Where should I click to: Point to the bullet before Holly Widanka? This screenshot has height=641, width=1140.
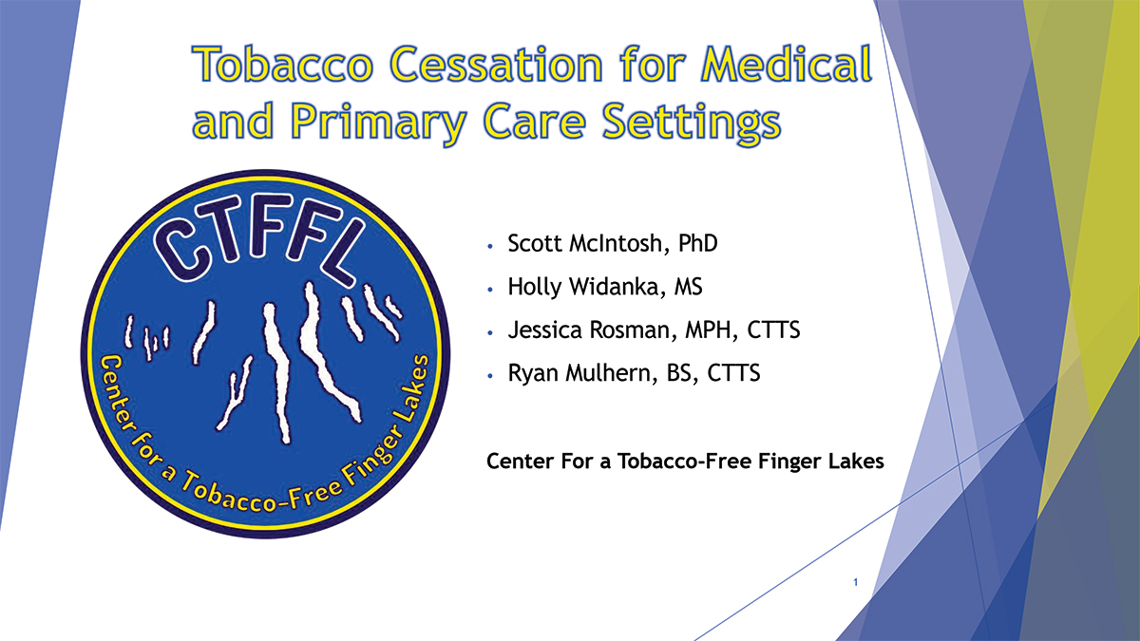coord(489,288)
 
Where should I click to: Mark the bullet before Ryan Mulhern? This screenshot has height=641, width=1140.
coord(489,376)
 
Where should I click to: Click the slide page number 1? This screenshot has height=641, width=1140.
coord(856,582)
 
